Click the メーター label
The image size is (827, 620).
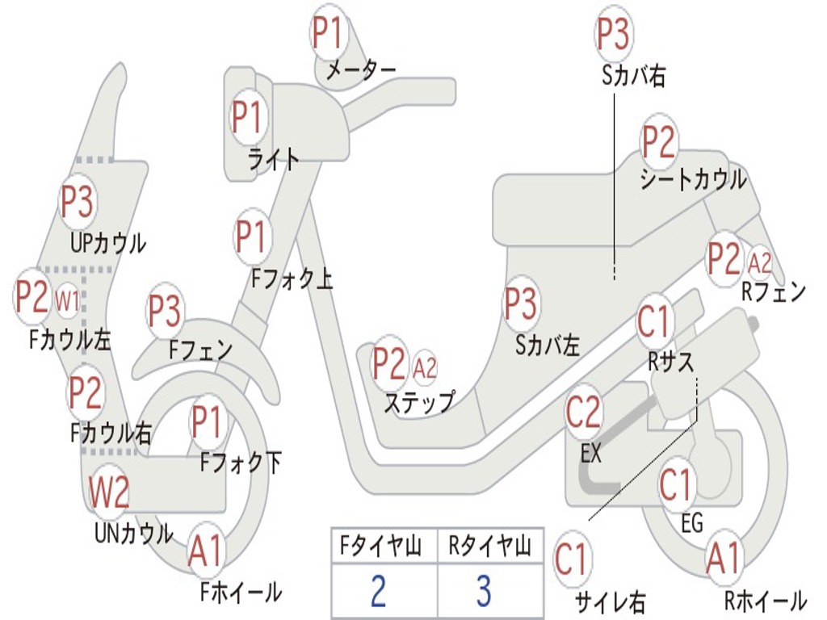(360, 72)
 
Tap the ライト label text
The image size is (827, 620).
(273, 159)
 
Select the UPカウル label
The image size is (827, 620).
(108, 242)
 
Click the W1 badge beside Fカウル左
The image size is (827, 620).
(67, 301)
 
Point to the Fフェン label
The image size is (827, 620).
(200, 350)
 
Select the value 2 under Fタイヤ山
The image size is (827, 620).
(377, 590)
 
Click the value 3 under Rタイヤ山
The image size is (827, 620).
(483, 590)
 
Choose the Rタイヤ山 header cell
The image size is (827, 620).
(489, 547)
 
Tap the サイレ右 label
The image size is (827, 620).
(610, 601)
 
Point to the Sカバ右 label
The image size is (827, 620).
(633, 76)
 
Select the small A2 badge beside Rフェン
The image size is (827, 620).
(759, 262)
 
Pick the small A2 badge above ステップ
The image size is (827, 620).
(424, 368)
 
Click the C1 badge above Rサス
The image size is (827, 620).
(654, 322)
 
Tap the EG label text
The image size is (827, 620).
(692, 523)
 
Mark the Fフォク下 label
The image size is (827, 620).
(241, 463)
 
